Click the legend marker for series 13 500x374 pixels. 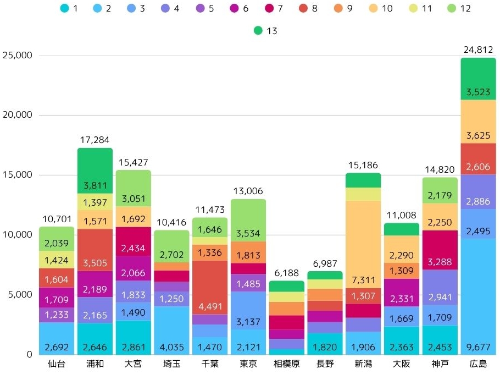click(258, 31)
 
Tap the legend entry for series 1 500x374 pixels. click(70, 9)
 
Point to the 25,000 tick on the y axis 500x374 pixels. click(18, 55)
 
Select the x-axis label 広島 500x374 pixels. click(478, 365)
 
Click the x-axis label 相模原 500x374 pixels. click(286, 365)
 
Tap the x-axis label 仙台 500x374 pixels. click(56, 365)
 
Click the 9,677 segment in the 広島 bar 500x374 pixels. click(478, 296)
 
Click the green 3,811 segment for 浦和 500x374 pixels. click(95, 170)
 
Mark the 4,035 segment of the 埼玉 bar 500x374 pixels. click(171, 330)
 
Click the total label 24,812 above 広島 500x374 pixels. click(478, 50)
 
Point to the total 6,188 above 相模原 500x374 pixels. click(286, 273)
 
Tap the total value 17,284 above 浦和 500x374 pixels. click(95, 140)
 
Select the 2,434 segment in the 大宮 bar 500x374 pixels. click(133, 241)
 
